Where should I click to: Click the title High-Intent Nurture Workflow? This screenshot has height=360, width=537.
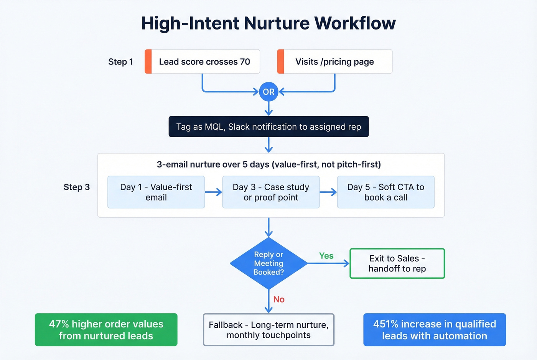point(268,23)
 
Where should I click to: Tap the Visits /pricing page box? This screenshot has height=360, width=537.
point(335,62)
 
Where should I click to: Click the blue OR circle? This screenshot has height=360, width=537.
point(268,92)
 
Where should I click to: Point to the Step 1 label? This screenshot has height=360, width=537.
point(120,62)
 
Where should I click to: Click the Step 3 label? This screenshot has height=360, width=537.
point(77,187)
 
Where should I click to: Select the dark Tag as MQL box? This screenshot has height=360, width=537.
point(268,127)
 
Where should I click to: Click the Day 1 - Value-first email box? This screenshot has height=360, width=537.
point(156,192)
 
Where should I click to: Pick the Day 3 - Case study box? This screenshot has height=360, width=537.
point(271,192)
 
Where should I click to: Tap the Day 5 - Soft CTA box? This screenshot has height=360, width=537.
point(385,192)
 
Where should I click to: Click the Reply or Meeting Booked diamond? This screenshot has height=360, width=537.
point(268,263)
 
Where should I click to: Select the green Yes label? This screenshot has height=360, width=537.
point(326,256)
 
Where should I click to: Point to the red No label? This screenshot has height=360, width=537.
point(279,299)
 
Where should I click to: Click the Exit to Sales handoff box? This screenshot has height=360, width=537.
point(397,263)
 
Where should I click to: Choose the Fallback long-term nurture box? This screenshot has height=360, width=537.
point(268,330)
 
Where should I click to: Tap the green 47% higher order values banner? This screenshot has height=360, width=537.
point(106,330)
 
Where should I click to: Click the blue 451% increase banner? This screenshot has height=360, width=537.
point(435,330)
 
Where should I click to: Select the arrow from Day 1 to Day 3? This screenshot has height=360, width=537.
point(213,192)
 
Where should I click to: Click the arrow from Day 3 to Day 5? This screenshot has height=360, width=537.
point(328,192)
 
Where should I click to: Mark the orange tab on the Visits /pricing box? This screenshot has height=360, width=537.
point(281,62)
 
